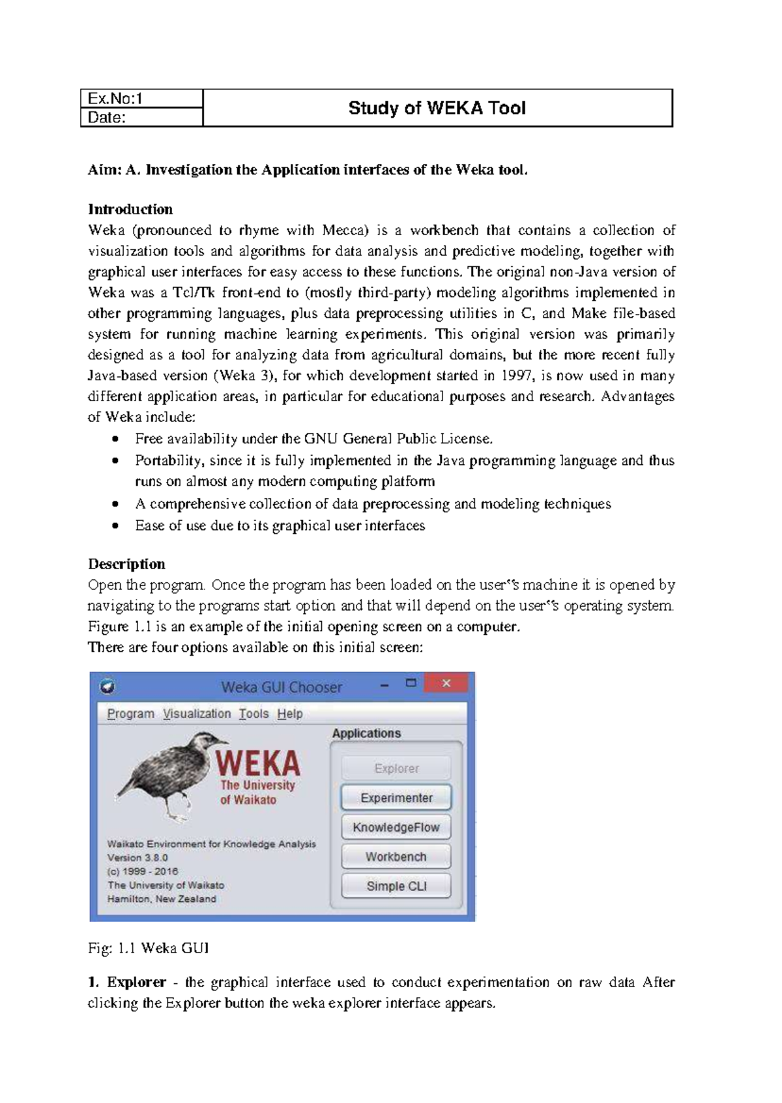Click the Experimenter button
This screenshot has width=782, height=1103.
pos(396,798)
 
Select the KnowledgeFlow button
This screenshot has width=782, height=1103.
pos(396,828)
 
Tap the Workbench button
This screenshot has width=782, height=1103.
pos(396,857)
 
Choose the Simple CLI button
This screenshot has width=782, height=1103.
pos(396,886)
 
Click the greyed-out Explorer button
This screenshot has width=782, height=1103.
pos(396,768)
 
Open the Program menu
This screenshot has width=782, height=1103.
pos(130,714)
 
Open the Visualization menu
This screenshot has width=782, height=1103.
pos(197,714)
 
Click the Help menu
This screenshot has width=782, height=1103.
pos(290,714)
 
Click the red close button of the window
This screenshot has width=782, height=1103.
pos(446,683)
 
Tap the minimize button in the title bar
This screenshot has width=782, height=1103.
pos(384,685)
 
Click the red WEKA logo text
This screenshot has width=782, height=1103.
pos(258,763)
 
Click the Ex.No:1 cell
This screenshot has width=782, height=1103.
pos(141,98)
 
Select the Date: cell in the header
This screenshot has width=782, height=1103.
pos(141,117)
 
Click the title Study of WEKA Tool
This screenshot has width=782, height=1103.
pos(437,108)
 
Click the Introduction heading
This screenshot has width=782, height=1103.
pos(130,210)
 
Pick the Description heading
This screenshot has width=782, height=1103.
pos(126,564)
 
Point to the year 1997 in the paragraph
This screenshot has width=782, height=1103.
pos(516,376)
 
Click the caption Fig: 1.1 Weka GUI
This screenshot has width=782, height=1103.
pos(149,948)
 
